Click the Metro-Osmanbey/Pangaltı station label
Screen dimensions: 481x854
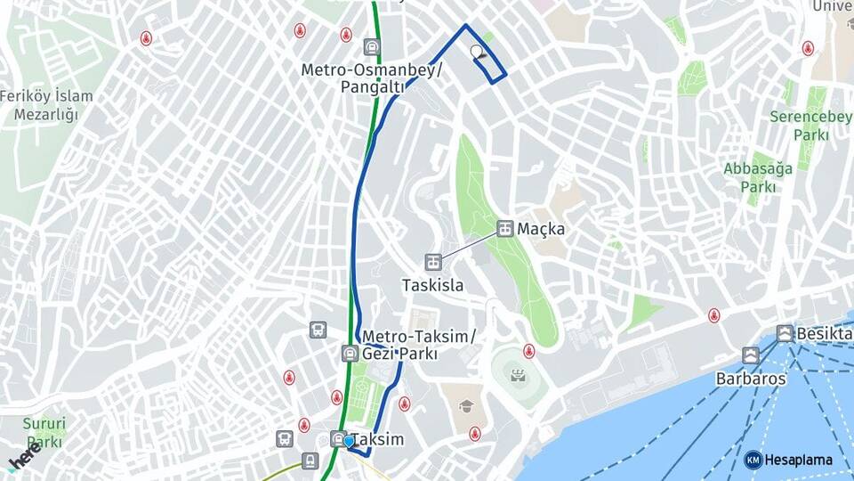pos(371,77)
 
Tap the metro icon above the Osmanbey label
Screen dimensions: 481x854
pos(371,46)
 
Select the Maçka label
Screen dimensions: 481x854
pos(541,229)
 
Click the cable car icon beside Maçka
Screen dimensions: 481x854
pos(504,229)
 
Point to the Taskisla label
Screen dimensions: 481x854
pos(432,285)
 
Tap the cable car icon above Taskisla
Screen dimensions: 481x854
pos(432,262)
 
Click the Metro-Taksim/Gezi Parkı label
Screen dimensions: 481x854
pos(419,344)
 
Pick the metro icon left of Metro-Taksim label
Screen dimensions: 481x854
pos(350,354)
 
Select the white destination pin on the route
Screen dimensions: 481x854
pos(479,52)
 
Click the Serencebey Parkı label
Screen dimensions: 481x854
pos(799,126)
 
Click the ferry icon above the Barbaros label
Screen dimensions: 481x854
pos(751,355)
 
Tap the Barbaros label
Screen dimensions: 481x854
pos(751,378)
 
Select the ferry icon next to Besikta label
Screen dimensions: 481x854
pos(785,334)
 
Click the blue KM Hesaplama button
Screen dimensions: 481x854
pos(789,460)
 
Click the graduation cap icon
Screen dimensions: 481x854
pos(465,406)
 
